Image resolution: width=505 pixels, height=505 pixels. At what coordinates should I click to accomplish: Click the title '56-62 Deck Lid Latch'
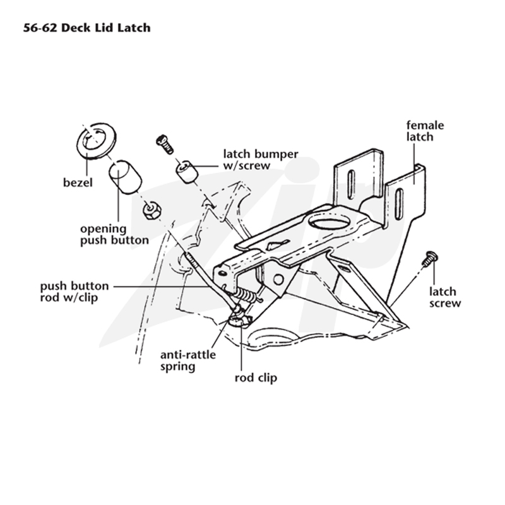coord(86,28)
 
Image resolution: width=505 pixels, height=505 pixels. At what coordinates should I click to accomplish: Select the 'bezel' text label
coord(78,182)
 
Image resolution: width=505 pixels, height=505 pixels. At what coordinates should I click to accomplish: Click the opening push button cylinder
coord(125,177)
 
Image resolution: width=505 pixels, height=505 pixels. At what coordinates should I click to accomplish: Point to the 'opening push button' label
coord(114,234)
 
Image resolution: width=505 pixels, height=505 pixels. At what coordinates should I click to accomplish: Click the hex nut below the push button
coord(151,211)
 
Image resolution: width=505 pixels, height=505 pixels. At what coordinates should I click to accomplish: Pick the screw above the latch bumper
coord(165,144)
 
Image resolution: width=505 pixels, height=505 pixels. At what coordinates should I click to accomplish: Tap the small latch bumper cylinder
coord(187,172)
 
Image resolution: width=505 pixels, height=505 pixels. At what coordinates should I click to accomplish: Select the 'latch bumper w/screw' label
coord(261,160)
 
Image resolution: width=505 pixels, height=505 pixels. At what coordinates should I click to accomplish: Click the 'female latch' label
coord(425,131)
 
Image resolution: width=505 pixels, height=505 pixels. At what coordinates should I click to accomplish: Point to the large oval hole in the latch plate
coord(329,222)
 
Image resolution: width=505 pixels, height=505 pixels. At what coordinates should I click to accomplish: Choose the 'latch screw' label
coord(445,297)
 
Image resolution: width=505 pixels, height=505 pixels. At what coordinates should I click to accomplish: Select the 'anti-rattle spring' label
coord(188,360)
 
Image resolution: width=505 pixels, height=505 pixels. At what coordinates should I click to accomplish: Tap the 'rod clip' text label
coord(256,377)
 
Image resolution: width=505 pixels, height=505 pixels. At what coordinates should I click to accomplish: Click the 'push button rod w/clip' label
coord(74,292)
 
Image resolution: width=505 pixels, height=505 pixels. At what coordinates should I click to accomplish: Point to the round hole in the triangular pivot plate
coord(278,280)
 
